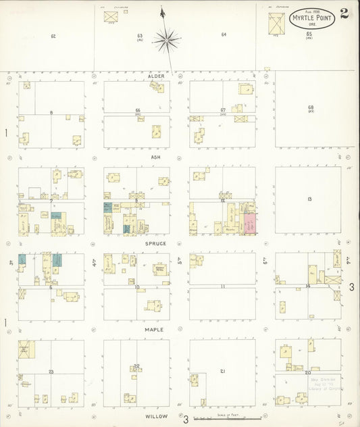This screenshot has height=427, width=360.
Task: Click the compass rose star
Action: [x=165, y=41]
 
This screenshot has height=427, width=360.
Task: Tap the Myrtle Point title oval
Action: [x=311, y=18]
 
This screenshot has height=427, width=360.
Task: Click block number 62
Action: [x=53, y=35]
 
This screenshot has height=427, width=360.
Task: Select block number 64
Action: [x=224, y=34]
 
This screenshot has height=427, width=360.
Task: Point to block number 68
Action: [x=311, y=107]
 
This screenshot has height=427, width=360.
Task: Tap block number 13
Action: [x=309, y=199]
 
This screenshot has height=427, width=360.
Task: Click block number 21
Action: [x=222, y=371]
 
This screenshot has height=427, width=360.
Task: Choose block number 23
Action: [x=51, y=372]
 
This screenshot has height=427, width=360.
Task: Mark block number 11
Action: [x=222, y=286]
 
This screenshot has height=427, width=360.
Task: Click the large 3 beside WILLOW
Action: [x=185, y=420]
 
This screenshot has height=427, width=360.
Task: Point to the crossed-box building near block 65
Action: [x=276, y=23]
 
